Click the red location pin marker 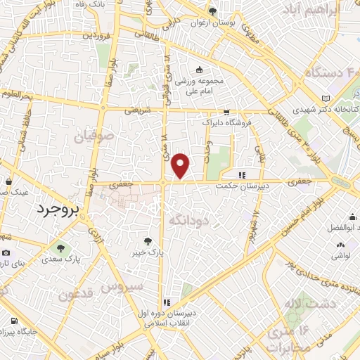181,165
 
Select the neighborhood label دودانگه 190,221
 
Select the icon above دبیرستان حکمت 243,175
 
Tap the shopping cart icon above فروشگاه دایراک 226,112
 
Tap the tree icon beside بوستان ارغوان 212,11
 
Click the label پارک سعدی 59,258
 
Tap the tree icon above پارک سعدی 59,247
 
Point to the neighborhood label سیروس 122,286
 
